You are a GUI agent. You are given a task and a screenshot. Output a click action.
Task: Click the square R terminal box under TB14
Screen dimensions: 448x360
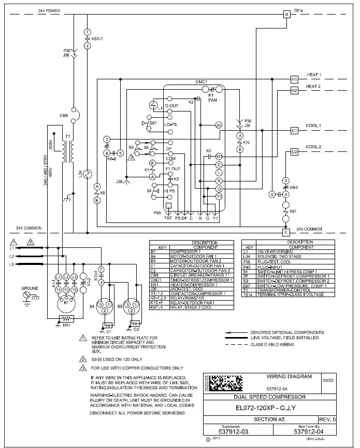tap(286, 15)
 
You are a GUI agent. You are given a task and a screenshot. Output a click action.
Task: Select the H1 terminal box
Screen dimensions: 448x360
tap(294, 79)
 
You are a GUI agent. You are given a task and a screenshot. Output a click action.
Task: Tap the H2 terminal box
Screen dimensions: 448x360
tap(294, 90)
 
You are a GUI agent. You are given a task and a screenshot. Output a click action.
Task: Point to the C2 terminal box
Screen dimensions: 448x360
tap(294, 152)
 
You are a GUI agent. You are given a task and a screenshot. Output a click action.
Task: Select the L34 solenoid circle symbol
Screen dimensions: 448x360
tap(87, 174)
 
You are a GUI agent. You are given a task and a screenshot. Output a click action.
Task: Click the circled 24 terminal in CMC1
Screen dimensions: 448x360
tap(219, 125)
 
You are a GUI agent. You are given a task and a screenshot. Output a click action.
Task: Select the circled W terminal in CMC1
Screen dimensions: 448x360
tap(219, 156)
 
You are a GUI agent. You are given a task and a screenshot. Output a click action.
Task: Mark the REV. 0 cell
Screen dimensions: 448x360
tap(327, 419)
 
